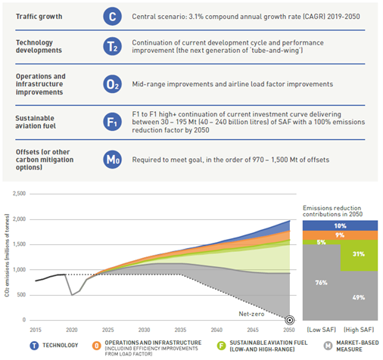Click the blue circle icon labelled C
click(x=112, y=17)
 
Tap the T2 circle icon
click(x=112, y=46)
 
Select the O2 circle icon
click(x=112, y=84)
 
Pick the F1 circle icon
click(x=112, y=122)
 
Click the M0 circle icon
click(x=112, y=160)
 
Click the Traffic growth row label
click(x=39, y=17)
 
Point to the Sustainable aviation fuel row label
click(x=36, y=122)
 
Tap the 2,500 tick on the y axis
click(x=19, y=194)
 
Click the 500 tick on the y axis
click(x=21, y=295)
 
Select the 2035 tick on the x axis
click(x=180, y=330)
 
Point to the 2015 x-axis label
click(x=36, y=330)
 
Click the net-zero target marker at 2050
click(x=290, y=320)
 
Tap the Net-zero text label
click(x=251, y=314)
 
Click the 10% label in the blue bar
click(x=340, y=226)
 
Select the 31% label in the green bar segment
click(x=359, y=254)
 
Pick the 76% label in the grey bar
click(x=321, y=283)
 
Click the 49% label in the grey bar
click(x=359, y=297)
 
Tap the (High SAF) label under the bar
click(x=359, y=330)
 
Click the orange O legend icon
click(x=96, y=346)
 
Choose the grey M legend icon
click(x=328, y=346)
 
